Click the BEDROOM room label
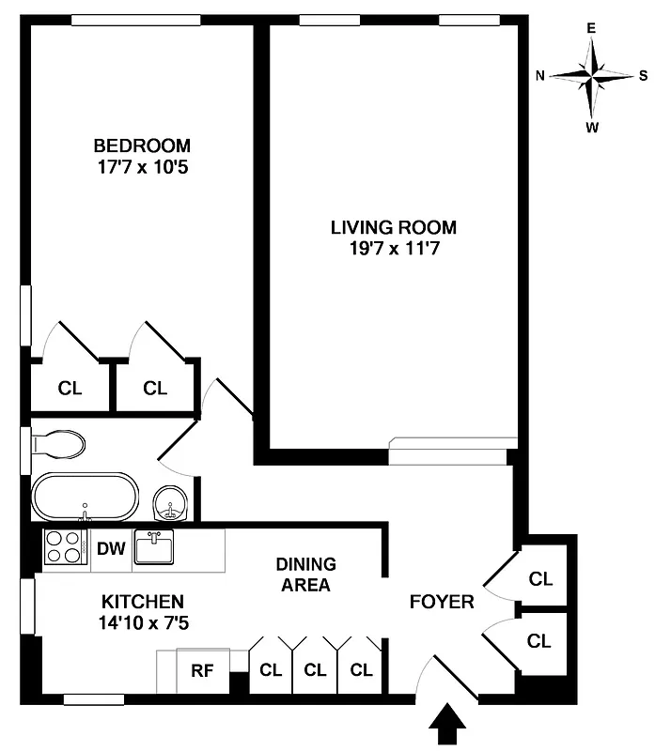[141, 146]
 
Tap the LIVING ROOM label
[393, 227]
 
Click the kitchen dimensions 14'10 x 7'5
[143, 621]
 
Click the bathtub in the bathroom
[85, 497]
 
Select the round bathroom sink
[170, 503]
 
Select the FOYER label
[442, 602]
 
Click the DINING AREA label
[305, 575]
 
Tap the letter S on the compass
[643, 76]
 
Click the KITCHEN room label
[143, 601]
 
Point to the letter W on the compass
[592, 128]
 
